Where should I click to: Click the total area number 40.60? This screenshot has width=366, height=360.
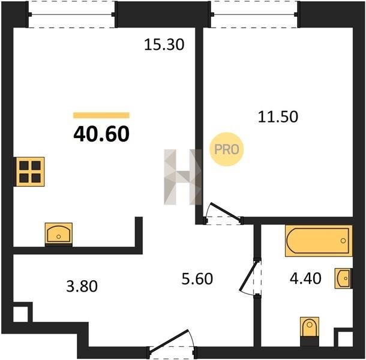[101, 134]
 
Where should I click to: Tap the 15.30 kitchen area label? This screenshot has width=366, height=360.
[164, 44]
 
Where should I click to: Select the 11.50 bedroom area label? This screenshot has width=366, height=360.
[278, 117]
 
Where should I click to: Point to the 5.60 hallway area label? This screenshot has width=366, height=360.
[197, 279]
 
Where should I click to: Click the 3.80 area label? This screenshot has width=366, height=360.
[82, 286]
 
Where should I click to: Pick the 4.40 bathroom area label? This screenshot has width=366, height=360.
[305, 278]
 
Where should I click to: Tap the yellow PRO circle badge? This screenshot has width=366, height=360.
[227, 149]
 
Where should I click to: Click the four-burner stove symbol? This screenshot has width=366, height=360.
[30, 172]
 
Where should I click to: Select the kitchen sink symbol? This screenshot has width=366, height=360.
[59, 235]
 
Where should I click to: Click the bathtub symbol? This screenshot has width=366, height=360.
[319, 241]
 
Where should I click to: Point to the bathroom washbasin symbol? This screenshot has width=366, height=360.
[344, 278]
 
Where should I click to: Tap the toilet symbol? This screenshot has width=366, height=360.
[310, 332]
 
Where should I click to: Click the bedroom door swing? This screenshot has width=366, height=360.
[223, 214]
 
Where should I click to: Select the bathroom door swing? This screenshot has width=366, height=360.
[250, 278]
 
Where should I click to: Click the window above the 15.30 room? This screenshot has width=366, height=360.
[71, 14]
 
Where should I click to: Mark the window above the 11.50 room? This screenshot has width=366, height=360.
[254, 14]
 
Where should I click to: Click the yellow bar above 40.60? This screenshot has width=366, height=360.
[101, 115]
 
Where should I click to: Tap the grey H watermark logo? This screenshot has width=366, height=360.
[183, 177]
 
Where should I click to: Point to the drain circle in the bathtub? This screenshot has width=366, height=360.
[343, 241]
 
